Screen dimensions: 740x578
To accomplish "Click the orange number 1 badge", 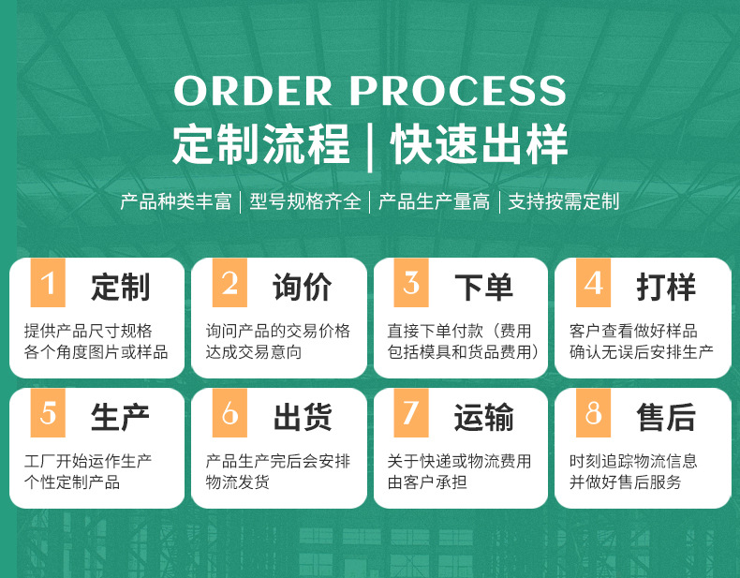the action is click(x=48, y=283).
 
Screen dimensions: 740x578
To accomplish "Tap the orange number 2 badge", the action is click(x=229, y=283).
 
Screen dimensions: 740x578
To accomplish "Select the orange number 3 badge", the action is click(x=411, y=283).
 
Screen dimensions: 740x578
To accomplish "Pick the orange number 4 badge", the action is click(x=593, y=283).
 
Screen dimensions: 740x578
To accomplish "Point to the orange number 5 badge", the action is click(x=48, y=413).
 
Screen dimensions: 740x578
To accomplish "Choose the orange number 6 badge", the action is click(x=229, y=413).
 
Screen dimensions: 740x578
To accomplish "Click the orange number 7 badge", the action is click(x=411, y=413).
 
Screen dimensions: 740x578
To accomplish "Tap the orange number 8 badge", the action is click(x=593, y=413).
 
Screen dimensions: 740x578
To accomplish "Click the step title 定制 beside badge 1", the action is click(x=120, y=287).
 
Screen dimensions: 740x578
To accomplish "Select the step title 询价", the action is click(x=302, y=287).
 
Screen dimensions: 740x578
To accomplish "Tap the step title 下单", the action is click(x=483, y=287).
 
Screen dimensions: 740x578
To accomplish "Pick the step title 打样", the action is click(x=666, y=287).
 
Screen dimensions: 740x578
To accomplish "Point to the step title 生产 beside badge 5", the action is click(x=120, y=418).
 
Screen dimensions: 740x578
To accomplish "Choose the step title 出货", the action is click(x=302, y=418).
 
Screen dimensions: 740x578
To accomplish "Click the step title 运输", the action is click(x=483, y=418).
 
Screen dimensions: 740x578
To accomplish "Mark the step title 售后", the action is click(x=666, y=418).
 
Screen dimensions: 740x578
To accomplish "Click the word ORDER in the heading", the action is click(x=253, y=91).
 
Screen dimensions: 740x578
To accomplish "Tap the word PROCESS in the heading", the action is click(x=458, y=91).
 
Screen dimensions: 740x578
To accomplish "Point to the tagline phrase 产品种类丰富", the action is click(x=175, y=201).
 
